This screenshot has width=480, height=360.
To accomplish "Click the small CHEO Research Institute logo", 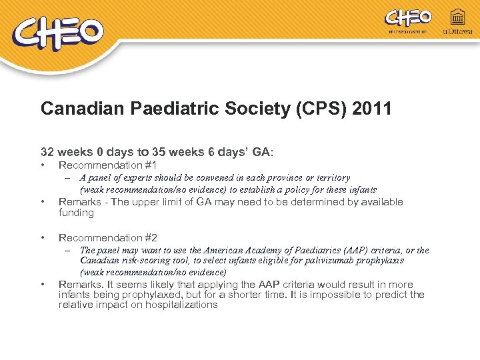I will [408, 21].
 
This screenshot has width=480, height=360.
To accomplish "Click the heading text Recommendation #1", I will [108, 165].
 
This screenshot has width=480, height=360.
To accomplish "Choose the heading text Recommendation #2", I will [108, 237].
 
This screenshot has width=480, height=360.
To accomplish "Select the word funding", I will [76, 213].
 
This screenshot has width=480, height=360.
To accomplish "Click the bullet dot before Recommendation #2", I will [43, 238].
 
